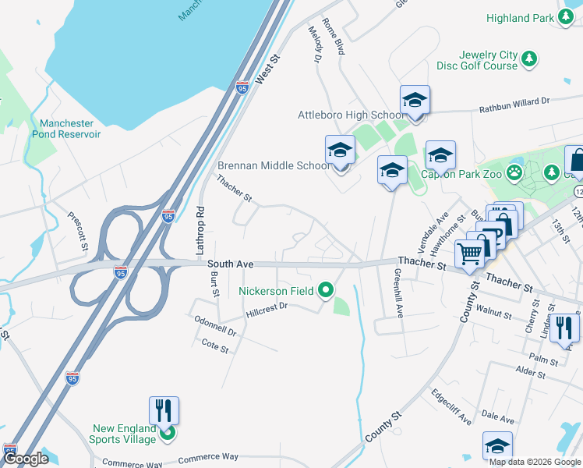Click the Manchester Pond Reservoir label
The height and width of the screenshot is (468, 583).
pyautogui.click(x=67, y=129)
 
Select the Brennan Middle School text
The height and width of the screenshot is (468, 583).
pyautogui.click(x=274, y=165)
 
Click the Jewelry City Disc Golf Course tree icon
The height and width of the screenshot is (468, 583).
pyautogui.click(x=530, y=58)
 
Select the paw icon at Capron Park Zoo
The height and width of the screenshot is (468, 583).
pyautogui.click(x=514, y=171)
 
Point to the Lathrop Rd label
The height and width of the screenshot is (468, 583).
pyautogui.click(x=200, y=231)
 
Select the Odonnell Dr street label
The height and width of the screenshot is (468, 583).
pyautogui.click(x=215, y=326)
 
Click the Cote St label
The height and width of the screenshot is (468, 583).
pyautogui.click(x=214, y=346)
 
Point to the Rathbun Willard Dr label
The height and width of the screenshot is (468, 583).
pyautogui.click(x=514, y=101)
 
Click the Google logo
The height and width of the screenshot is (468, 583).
pyautogui.click(x=26, y=459)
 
